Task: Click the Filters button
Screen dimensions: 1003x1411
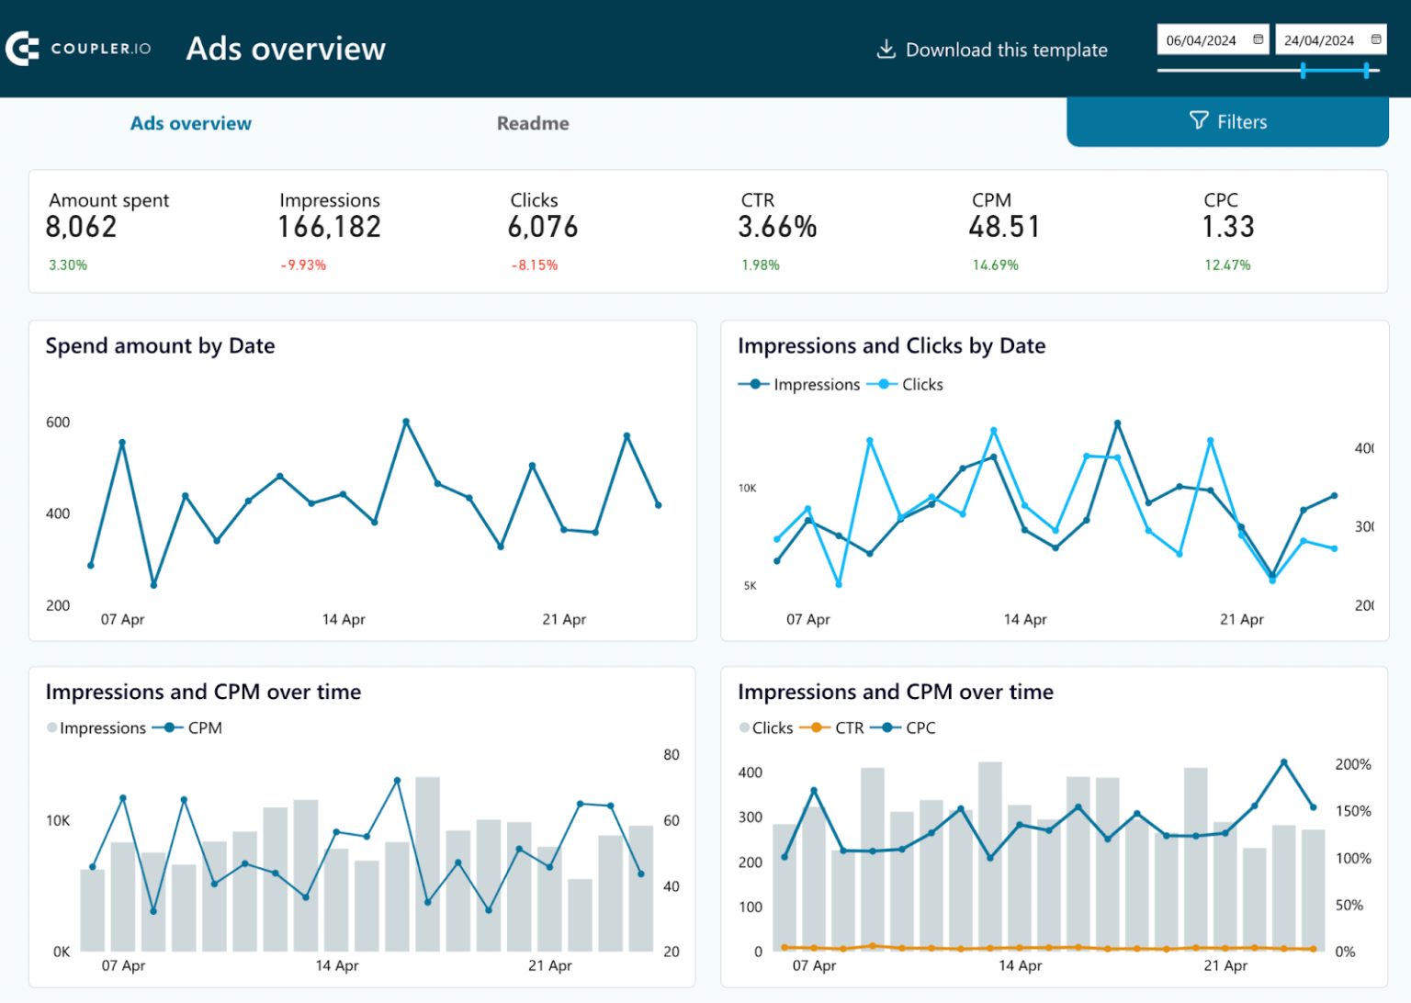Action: (1227, 122)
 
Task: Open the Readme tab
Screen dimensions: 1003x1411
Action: (533, 123)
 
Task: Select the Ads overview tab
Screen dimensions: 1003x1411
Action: (191, 123)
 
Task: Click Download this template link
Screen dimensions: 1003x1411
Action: (992, 50)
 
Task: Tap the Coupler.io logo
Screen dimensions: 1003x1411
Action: (78, 49)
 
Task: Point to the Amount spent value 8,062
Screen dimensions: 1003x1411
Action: (82, 227)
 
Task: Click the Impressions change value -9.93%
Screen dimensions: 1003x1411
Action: (303, 265)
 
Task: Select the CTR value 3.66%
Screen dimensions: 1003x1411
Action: (777, 227)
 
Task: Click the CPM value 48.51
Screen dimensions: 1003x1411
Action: (1004, 227)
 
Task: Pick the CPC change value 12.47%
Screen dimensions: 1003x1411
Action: (1227, 265)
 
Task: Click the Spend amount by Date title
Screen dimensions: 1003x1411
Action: (160, 346)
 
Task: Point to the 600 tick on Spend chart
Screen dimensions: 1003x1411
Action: (58, 423)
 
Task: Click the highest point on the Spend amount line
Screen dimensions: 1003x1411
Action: (406, 422)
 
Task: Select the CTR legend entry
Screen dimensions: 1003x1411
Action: (849, 728)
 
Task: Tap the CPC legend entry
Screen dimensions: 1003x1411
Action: (920, 728)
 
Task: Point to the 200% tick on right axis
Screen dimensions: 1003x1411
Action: (1352, 764)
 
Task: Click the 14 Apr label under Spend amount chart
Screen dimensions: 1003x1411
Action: (344, 620)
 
